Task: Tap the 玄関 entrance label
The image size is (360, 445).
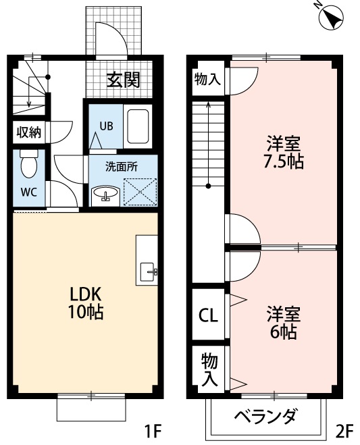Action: point(124,80)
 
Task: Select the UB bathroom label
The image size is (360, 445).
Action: point(106,126)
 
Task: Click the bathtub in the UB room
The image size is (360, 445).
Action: point(138,126)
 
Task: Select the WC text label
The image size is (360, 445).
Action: point(28,191)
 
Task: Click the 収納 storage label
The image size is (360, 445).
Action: point(28,132)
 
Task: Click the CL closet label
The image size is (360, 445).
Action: point(208,315)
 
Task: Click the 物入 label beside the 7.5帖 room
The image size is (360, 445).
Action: point(207,80)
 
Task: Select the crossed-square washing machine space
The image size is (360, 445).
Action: point(140,192)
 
